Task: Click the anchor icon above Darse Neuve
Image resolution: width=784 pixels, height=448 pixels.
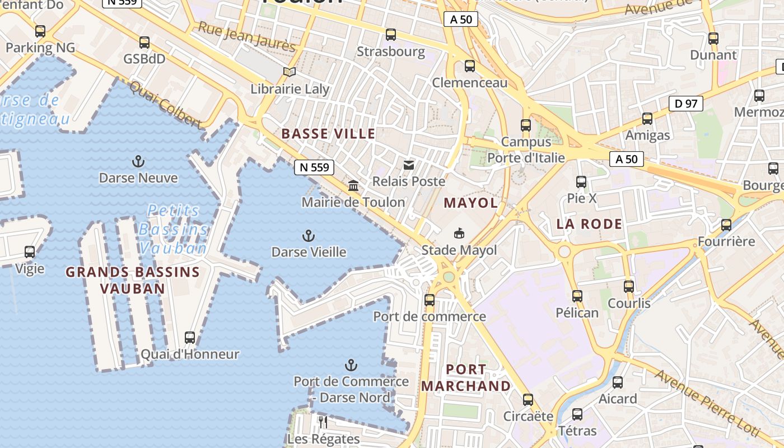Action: click(x=138, y=162)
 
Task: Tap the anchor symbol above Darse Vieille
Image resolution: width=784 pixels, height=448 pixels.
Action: click(x=309, y=236)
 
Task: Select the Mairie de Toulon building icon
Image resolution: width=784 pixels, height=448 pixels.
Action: click(x=353, y=185)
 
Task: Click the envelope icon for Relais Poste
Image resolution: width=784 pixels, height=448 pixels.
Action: click(x=409, y=165)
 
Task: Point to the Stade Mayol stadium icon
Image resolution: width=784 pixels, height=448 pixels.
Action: click(x=459, y=233)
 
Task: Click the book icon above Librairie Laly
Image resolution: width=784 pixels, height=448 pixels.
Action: click(x=289, y=72)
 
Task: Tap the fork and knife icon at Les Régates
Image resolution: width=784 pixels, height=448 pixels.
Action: click(x=323, y=422)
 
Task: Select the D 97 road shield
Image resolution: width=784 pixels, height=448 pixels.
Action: click(x=685, y=103)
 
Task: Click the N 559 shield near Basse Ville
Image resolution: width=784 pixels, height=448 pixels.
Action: click(x=314, y=167)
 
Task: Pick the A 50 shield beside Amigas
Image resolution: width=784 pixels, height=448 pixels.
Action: click(x=626, y=159)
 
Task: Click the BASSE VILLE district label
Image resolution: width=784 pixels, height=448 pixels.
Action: click(x=328, y=134)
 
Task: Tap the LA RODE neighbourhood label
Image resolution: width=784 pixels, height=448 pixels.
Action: click(x=589, y=224)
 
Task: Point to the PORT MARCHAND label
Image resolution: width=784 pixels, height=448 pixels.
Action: click(x=466, y=378)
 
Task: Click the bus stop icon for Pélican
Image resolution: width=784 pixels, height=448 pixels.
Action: click(x=577, y=296)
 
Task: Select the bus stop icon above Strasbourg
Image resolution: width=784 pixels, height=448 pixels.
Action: click(x=391, y=35)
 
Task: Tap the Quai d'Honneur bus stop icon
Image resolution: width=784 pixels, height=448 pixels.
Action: click(x=190, y=337)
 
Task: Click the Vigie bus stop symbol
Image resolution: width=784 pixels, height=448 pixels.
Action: click(x=30, y=252)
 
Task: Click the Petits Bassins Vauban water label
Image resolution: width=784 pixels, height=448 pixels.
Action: click(x=174, y=229)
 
